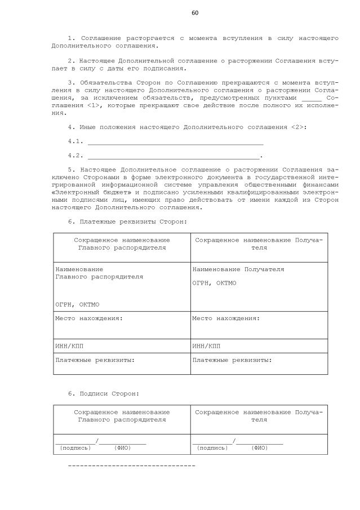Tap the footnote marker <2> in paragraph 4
(x=299, y=128)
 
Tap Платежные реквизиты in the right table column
(x=232, y=359)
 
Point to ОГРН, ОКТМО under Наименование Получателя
(x=214, y=282)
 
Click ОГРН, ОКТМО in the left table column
(x=77, y=304)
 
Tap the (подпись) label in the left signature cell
(x=75, y=448)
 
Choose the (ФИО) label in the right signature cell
(x=260, y=448)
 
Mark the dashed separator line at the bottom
(x=131, y=466)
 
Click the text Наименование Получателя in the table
(x=238, y=269)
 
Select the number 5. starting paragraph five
(x=71, y=168)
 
